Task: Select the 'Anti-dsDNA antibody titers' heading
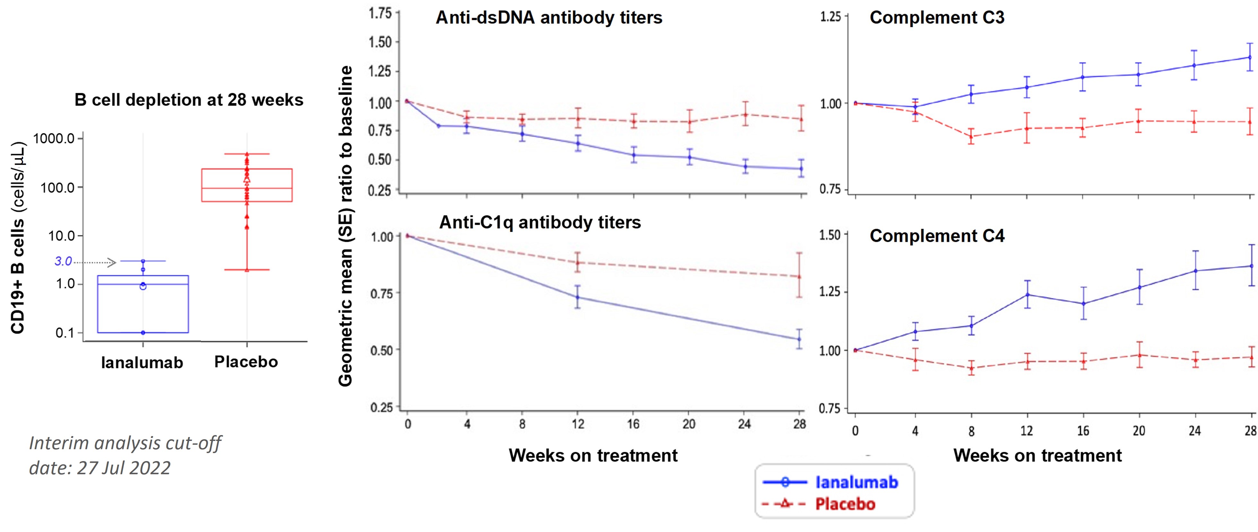tap(548, 18)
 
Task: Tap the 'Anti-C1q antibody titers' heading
tap(540, 223)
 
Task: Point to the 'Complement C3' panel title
tap(937, 18)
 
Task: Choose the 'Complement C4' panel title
tap(937, 236)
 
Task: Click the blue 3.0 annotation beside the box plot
tap(63, 262)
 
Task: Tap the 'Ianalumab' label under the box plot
tap(142, 363)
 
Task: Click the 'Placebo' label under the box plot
tap(246, 362)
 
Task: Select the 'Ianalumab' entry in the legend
tap(857, 482)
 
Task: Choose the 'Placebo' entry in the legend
tap(845, 504)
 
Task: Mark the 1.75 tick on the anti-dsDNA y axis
tap(380, 13)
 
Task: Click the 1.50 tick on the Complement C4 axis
tap(829, 235)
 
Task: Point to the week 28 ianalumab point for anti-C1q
tap(799, 339)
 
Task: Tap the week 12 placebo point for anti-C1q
tap(578, 262)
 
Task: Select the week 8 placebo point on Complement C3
tap(971, 137)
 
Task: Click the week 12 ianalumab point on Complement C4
tap(1027, 294)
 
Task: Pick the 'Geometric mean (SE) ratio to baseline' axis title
tap(345, 226)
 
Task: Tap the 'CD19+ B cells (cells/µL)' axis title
tap(18, 238)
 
